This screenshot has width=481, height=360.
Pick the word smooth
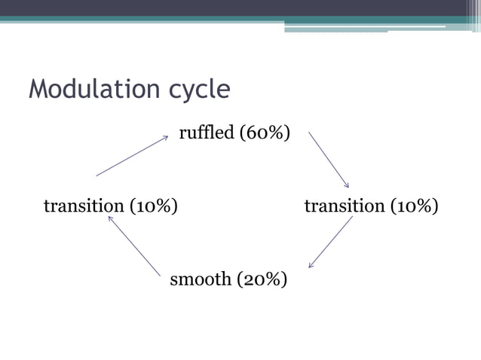201,280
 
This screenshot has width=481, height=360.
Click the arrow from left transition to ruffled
132,156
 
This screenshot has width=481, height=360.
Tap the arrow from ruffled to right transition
329,160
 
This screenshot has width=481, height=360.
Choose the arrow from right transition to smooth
330,242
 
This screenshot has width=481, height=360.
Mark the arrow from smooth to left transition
134,246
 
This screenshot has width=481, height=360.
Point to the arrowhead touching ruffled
165,137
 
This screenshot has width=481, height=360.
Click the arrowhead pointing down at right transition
347,185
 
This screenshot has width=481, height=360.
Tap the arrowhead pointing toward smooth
311,265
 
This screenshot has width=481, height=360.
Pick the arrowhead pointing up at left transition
110,218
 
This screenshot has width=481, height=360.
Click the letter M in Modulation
37,90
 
